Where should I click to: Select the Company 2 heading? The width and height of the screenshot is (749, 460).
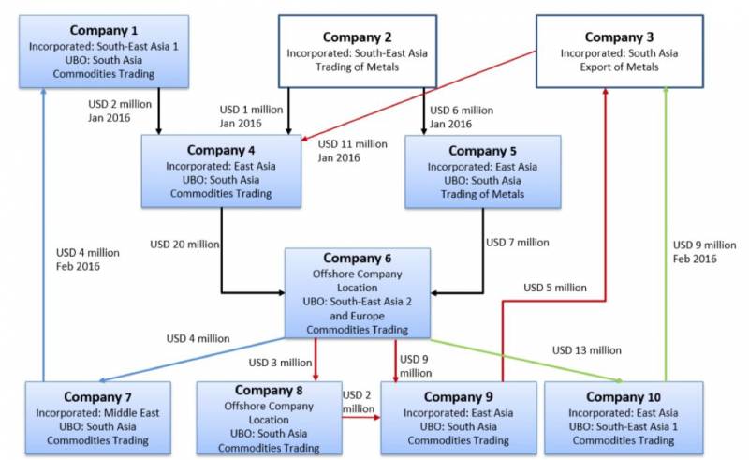[x=357, y=37]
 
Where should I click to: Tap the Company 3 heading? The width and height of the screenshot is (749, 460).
[x=619, y=37]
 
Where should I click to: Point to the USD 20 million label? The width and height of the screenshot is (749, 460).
[x=184, y=245]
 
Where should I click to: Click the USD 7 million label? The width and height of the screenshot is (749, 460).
[x=518, y=243]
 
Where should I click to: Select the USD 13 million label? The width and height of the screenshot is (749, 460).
[x=586, y=350]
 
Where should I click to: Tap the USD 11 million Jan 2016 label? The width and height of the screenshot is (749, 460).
[x=352, y=151]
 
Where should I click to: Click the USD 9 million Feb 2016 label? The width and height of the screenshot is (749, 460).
[x=705, y=252]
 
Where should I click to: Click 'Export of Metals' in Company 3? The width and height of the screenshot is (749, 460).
[x=619, y=67]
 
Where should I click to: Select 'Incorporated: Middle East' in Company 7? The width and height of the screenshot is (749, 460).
[x=97, y=411]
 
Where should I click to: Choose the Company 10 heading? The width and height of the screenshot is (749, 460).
[x=623, y=396]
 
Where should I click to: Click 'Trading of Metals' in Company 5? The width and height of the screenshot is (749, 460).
[x=482, y=194]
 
